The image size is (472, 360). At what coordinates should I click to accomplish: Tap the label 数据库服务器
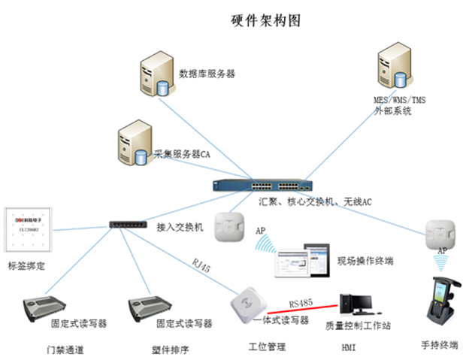(207, 74)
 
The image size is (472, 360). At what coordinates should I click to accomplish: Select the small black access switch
(129, 225)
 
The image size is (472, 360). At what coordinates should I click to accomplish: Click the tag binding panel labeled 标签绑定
(26, 230)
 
